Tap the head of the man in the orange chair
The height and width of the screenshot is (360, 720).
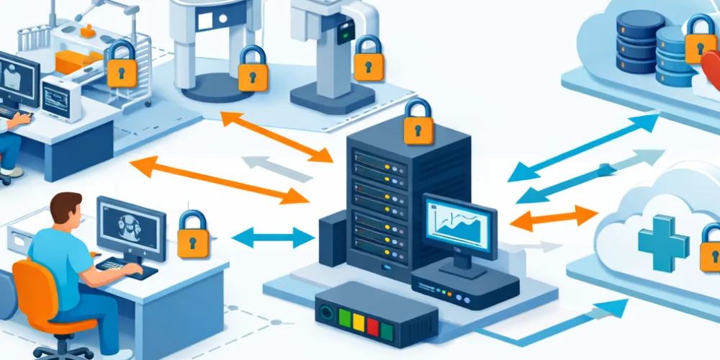click(67, 210)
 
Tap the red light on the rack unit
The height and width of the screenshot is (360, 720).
click(372, 325)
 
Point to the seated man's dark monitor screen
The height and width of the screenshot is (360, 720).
click(130, 222)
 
